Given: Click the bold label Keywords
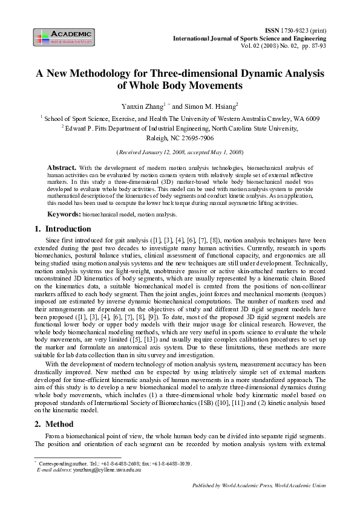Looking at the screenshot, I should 64,215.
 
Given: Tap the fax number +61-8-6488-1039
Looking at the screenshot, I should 172,463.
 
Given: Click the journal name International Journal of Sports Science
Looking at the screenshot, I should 239,37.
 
